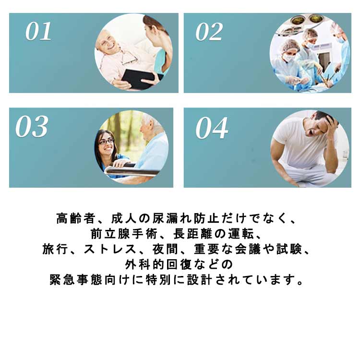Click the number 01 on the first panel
[38, 31]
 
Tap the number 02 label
[209, 32]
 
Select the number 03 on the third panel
[32, 126]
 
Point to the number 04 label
[212, 128]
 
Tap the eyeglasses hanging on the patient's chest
[129, 58]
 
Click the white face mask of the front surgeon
[289, 58]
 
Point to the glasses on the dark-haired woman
[106, 141]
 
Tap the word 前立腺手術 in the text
[124, 234]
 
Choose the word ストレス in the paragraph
[110, 249]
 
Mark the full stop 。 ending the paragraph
[300, 282]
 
